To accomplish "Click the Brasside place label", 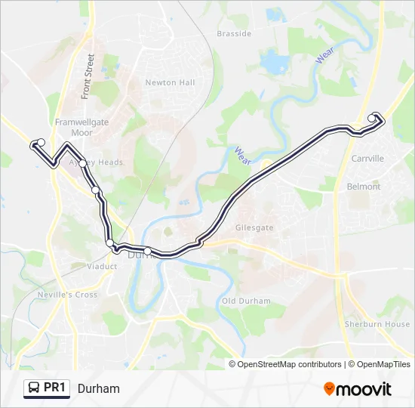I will pyautogui.click(x=233, y=34).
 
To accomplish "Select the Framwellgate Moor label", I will pyautogui.click(x=73, y=126).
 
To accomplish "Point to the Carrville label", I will pyautogui.click(x=367, y=159).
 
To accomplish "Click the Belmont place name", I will pyautogui.click(x=363, y=186).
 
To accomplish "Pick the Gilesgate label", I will pyautogui.click(x=254, y=227).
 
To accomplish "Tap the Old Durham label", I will pyautogui.click(x=246, y=301).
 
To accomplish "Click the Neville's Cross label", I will pyautogui.click(x=67, y=295).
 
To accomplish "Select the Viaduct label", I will pyautogui.click(x=102, y=267).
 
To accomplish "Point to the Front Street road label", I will pyautogui.click(x=88, y=76).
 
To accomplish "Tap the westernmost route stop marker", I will pyautogui.click(x=41, y=142).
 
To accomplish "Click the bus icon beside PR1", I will pyautogui.click(x=34, y=388).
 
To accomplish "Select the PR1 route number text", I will pyautogui.click(x=55, y=388).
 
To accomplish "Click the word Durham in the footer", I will pyautogui.click(x=98, y=388).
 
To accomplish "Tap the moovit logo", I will pyautogui.click(x=358, y=388).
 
